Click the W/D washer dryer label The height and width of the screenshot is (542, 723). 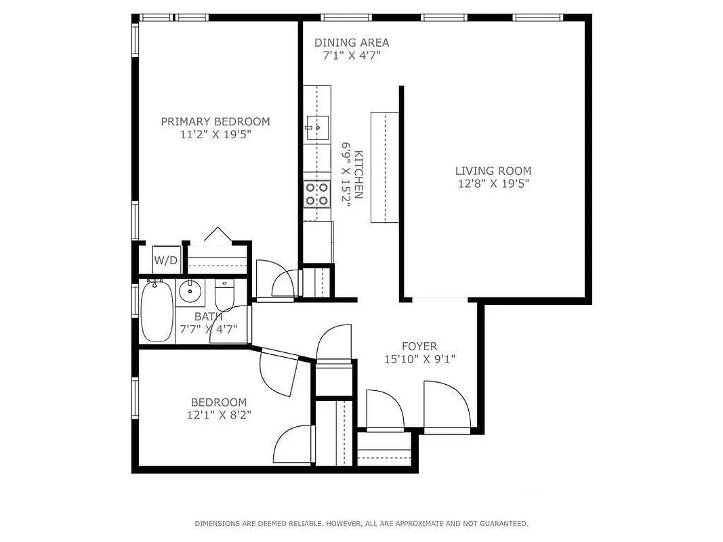pos(165,260)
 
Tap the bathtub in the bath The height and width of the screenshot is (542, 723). pos(157,312)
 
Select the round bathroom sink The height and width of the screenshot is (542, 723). pos(190,292)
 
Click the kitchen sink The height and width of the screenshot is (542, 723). pos(317,127)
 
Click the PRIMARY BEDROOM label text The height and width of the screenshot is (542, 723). pos(215,122)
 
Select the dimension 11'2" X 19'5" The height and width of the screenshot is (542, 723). pos(215,134)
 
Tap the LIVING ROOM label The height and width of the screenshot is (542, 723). pos(493,171)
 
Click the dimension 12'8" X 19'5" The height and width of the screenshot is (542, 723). pos(493,184)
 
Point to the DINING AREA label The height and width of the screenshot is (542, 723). pos(352,43)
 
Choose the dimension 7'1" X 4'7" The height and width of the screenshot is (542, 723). pos(352,56)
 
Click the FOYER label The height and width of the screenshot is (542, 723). pos(419,346)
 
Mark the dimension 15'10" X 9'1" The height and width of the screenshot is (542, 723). pos(419,359)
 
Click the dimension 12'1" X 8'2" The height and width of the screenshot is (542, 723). pos(218,415)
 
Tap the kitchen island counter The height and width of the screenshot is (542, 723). pos(384,167)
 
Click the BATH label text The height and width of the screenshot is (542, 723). pos(208,316)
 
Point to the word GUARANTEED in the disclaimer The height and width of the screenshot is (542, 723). pos(501,524)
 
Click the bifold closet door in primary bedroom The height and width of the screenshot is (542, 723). pos(217,235)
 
